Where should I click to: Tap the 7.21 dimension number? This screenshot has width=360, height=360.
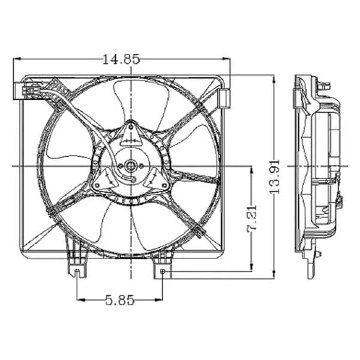[x=252, y=219]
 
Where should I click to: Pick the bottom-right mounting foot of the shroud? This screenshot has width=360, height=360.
[x=162, y=264]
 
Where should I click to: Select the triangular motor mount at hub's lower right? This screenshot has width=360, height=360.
[x=158, y=181]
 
